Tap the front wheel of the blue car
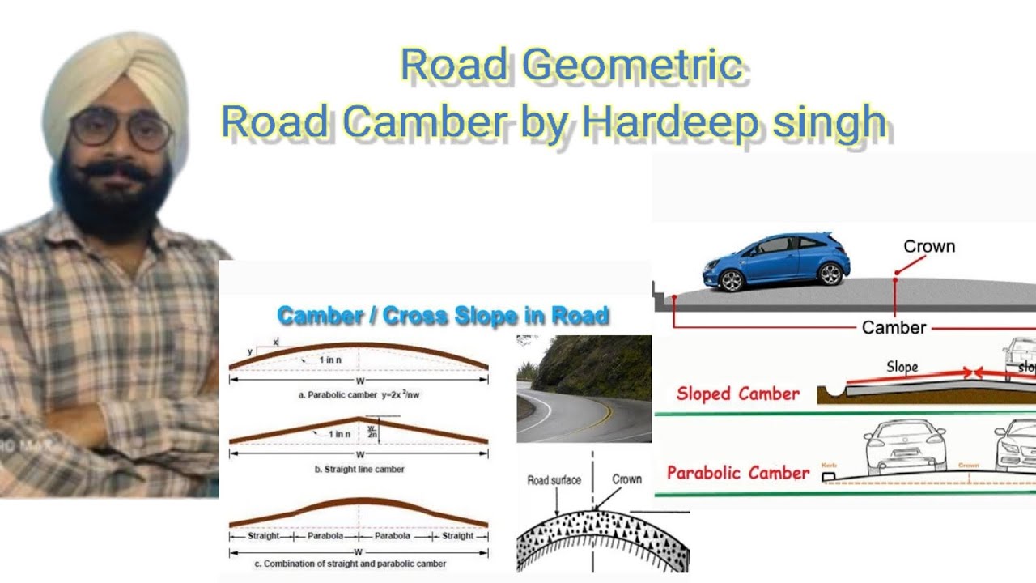pos(732,279)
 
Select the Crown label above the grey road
pos(929,246)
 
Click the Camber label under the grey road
pos(894,327)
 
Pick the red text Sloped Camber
pos(737,394)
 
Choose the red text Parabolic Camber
pos(737,473)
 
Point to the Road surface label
pos(554,480)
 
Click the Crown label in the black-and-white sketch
pos(626,479)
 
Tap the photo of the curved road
pos(583,389)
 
